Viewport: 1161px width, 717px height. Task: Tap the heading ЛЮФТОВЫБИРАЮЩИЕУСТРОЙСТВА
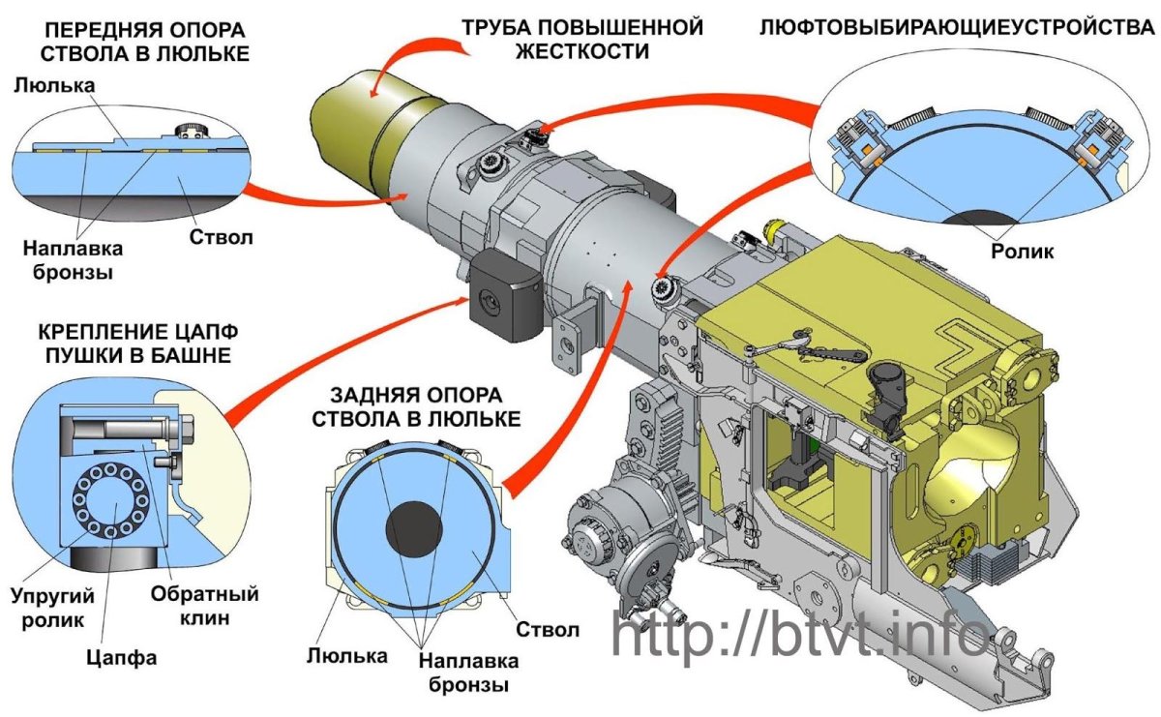coord(957,26)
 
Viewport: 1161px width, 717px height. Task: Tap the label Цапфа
coord(124,658)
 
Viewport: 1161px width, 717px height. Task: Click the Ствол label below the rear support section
coord(548,630)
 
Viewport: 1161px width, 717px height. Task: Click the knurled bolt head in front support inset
coord(187,131)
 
